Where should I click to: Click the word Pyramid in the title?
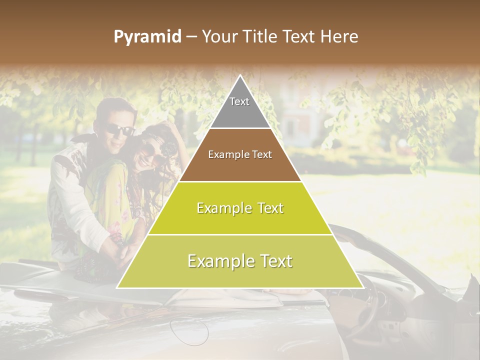147,37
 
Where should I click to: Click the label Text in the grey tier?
239,101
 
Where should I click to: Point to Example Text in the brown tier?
240,154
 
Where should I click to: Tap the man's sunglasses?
120,130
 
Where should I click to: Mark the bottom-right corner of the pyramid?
362,287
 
